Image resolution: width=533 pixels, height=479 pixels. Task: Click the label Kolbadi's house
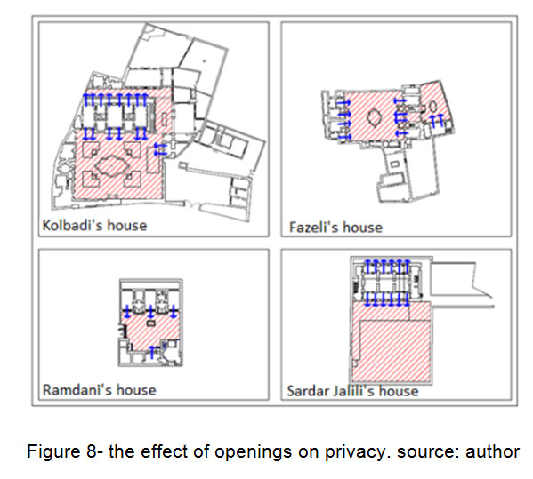click(x=94, y=226)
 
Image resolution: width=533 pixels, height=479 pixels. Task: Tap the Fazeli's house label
click(x=335, y=228)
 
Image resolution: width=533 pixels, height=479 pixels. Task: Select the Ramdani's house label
click(x=100, y=390)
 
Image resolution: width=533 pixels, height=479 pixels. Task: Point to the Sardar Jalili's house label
click(x=352, y=391)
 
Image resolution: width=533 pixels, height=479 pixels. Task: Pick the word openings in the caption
click(x=253, y=452)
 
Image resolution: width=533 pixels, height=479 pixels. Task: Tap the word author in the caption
click(x=492, y=451)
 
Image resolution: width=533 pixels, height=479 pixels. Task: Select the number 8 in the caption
click(x=92, y=451)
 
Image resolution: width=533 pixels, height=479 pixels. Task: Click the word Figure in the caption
click(x=55, y=452)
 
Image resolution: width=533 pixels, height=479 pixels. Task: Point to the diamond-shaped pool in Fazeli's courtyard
click(x=375, y=118)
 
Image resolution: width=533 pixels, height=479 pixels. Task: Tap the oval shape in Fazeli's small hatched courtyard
click(x=432, y=107)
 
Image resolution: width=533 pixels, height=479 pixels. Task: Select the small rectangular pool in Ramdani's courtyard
click(x=150, y=323)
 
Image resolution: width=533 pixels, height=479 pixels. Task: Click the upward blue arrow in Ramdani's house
click(x=152, y=353)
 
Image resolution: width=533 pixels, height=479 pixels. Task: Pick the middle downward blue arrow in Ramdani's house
click(x=150, y=311)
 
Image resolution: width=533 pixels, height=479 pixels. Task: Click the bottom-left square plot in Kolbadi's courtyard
click(x=91, y=179)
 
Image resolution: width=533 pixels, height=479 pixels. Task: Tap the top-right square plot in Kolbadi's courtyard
click(x=133, y=150)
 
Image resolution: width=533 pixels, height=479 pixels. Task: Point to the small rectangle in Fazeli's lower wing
click(x=394, y=164)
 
